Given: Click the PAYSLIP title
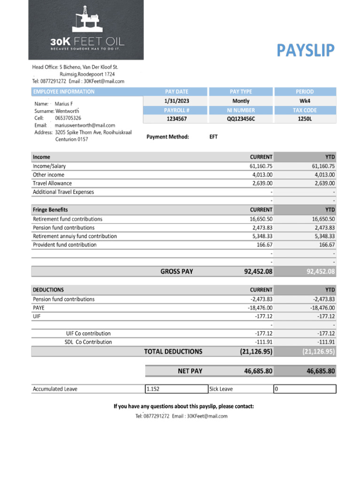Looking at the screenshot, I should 306,50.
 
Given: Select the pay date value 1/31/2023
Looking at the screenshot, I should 176,101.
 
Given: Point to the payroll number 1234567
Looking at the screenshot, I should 176,119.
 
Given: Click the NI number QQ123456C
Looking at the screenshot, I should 241,119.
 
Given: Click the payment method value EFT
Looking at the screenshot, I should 213,137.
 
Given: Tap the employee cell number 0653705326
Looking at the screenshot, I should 68,118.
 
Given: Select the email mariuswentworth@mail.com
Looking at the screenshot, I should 85,125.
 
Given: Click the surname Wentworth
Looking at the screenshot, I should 67,111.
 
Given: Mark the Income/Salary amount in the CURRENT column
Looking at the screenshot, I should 261,166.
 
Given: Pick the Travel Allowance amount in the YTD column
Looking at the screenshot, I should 323,183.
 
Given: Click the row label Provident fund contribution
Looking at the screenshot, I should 64,245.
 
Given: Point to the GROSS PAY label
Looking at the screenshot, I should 177,272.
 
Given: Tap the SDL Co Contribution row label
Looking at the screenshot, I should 88,342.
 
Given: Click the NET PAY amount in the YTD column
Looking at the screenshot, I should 321,371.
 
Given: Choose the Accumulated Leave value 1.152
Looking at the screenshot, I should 153,389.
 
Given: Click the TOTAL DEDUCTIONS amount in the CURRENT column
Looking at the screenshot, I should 255,352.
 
